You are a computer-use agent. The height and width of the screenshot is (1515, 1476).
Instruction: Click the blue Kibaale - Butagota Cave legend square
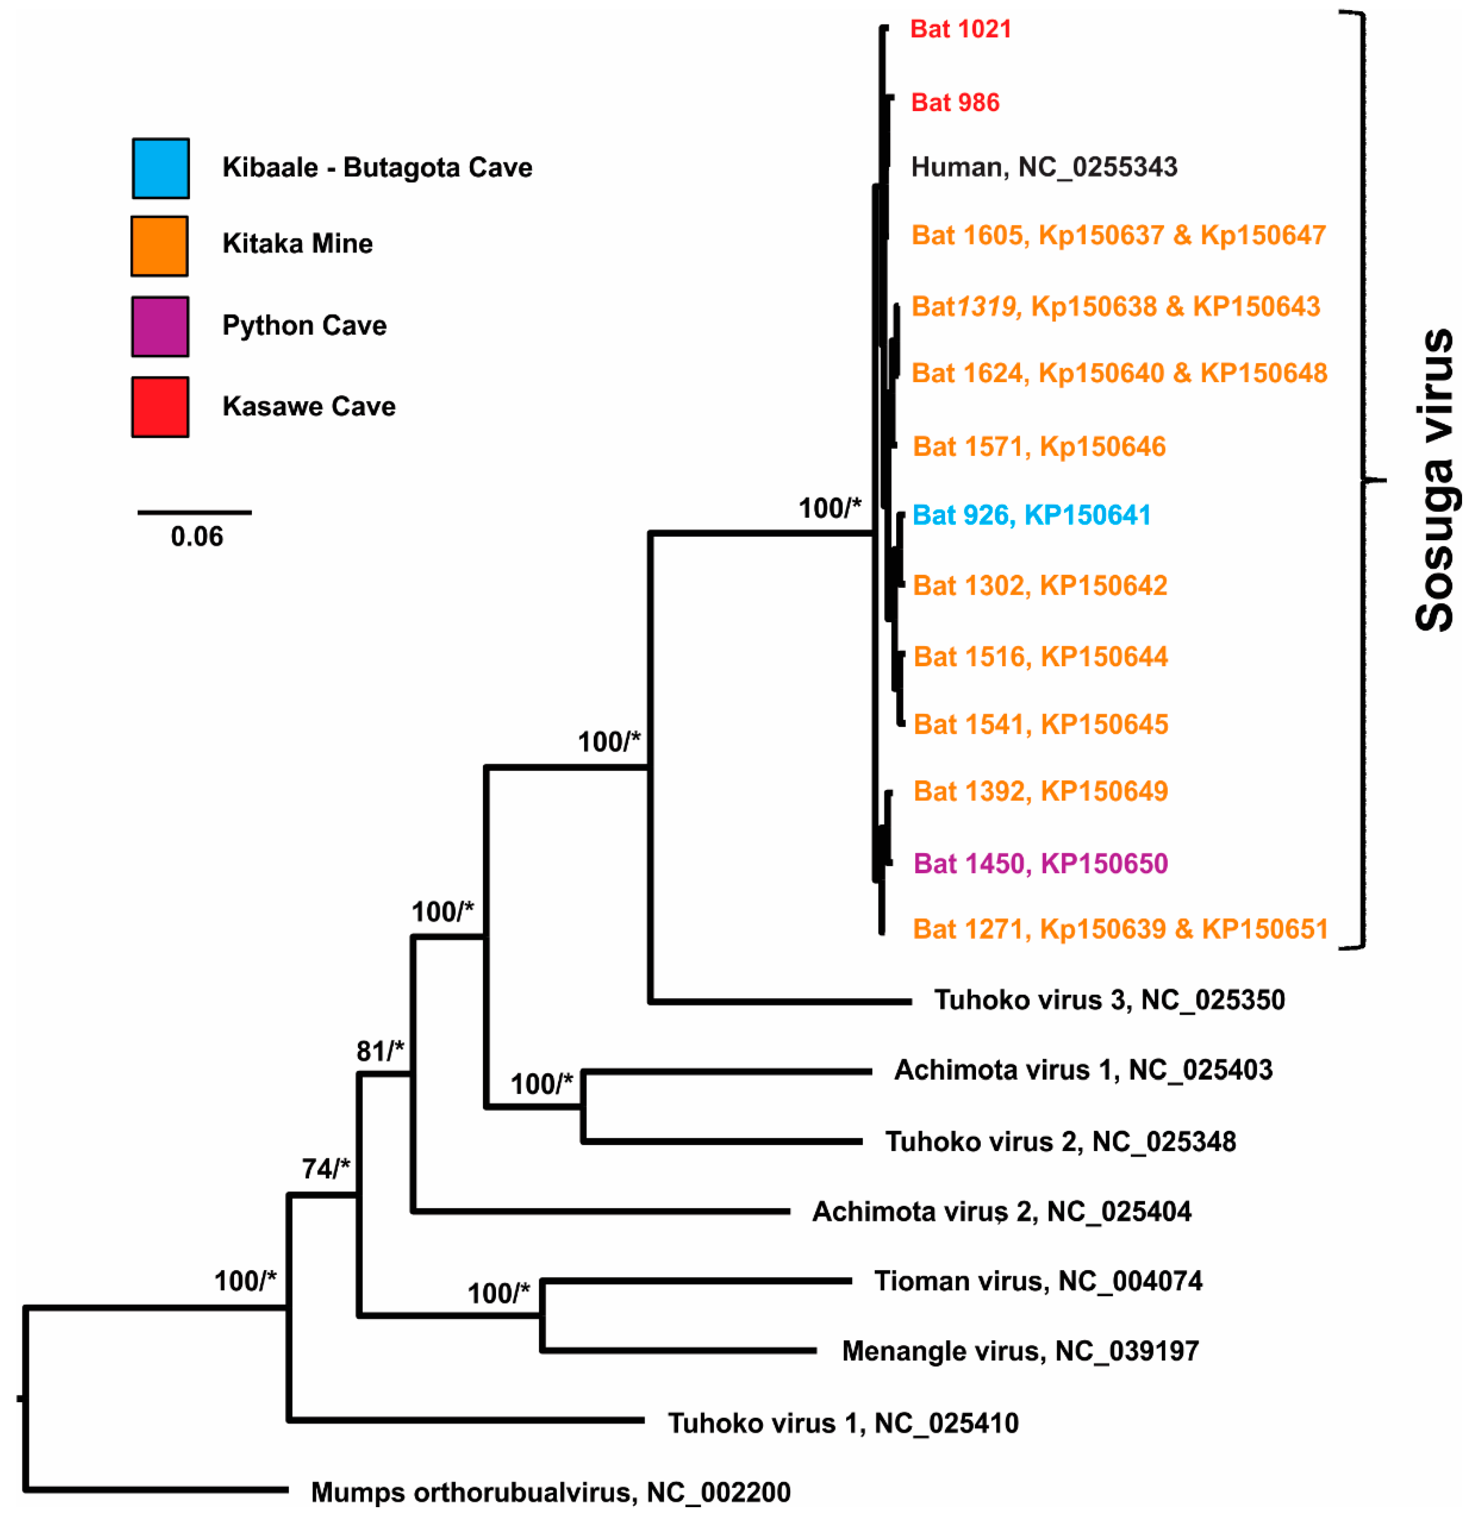pyautogui.click(x=160, y=168)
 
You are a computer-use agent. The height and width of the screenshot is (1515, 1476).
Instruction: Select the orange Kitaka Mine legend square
pyautogui.click(x=159, y=246)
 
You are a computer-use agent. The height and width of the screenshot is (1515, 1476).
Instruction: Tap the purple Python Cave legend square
pyautogui.click(x=160, y=326)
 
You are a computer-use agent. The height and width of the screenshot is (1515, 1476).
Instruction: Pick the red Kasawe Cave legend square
pyautogui.click(x=160, y=407)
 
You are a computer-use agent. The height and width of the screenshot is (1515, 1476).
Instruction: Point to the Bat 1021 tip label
pyautogui.click(x=960, y=30)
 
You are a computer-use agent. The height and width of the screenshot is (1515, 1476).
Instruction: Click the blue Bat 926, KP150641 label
pyautogui.click(x=1031, y=515)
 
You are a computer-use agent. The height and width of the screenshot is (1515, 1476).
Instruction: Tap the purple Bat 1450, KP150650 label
pyautogui.click(x=1041, y=863)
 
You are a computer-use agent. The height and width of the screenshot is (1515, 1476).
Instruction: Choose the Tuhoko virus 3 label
pyautogui.click(x=1109, y=1000)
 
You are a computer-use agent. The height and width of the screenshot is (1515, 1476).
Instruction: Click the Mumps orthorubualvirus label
pyautogui.click(x=551, y=1492)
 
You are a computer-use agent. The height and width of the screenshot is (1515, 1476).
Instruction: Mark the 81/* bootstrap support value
pyautogui.click(x=380, y=1051)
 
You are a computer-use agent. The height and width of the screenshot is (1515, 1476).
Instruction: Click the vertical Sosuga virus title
pyautogui.click(x=1434, y=481)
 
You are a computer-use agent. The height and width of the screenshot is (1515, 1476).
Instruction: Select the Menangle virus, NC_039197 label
pyautogui.click(x=1020, y=1351)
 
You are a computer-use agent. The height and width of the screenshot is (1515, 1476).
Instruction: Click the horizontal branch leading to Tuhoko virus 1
pyautogui.click(x=465, y=1420)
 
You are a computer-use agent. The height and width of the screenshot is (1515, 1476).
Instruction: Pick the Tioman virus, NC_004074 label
pyautogui.click(x=1038, y=1281)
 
